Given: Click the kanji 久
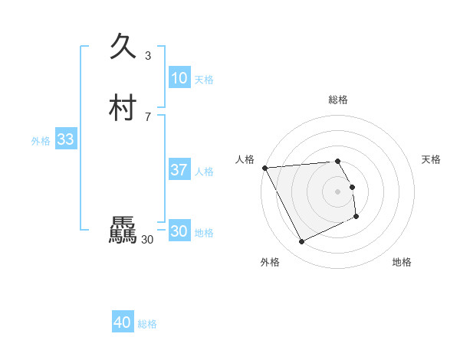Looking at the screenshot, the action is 122,47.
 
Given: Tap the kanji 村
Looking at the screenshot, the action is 123,108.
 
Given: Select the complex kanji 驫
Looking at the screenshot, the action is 123,230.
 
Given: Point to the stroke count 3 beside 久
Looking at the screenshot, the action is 148,56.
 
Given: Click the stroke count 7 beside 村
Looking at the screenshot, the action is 148,116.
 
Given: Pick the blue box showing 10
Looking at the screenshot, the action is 179,78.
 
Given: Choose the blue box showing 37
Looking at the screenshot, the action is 179,170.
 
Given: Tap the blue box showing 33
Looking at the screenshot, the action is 66,139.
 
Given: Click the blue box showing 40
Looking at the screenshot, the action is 123,322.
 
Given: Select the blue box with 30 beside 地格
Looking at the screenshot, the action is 179,231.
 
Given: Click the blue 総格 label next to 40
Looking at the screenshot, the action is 147,324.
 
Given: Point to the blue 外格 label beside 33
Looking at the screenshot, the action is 41,141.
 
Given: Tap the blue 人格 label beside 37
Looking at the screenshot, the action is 204,172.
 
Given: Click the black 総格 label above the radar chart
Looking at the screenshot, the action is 338,100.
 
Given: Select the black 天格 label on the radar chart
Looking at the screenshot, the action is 432,159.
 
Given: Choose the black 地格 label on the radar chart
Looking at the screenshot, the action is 402,262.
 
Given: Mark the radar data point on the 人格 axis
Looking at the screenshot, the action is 264,168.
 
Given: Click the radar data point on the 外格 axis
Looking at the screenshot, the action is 301,242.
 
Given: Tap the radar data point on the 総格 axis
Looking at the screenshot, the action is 338,161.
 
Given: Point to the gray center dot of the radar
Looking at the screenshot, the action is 338,191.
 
